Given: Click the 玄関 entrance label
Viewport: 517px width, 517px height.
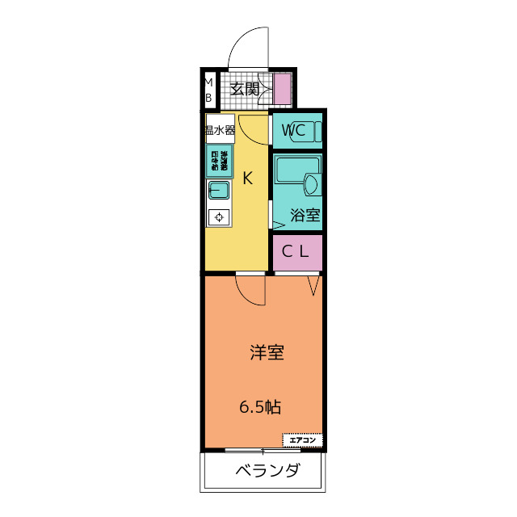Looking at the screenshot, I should [x=245, y=89].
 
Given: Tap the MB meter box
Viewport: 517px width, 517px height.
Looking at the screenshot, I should [x=208, y=89].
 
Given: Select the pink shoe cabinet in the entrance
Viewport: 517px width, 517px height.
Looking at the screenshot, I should [x=282, y=89].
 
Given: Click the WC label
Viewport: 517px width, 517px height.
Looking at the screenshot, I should [x=292, y=130].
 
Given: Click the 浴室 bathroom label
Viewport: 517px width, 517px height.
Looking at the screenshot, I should [x=305, y=216].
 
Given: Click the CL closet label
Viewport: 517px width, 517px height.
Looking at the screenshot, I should [x=296, y=252].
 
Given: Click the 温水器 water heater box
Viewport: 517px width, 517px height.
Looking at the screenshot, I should [x=219, y=129].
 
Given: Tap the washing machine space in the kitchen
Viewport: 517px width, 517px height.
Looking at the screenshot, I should [x=219, y=160].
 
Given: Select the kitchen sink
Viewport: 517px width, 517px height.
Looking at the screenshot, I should [x=219, y=191].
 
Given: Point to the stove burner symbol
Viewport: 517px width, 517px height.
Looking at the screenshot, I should [x=219, y=216].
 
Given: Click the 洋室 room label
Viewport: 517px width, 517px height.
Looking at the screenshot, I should [x=266, y=353].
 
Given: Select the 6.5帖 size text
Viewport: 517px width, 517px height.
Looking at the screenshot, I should [x=260, y=406].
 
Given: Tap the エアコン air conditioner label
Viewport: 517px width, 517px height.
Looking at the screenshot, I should [x=302, y=440].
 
